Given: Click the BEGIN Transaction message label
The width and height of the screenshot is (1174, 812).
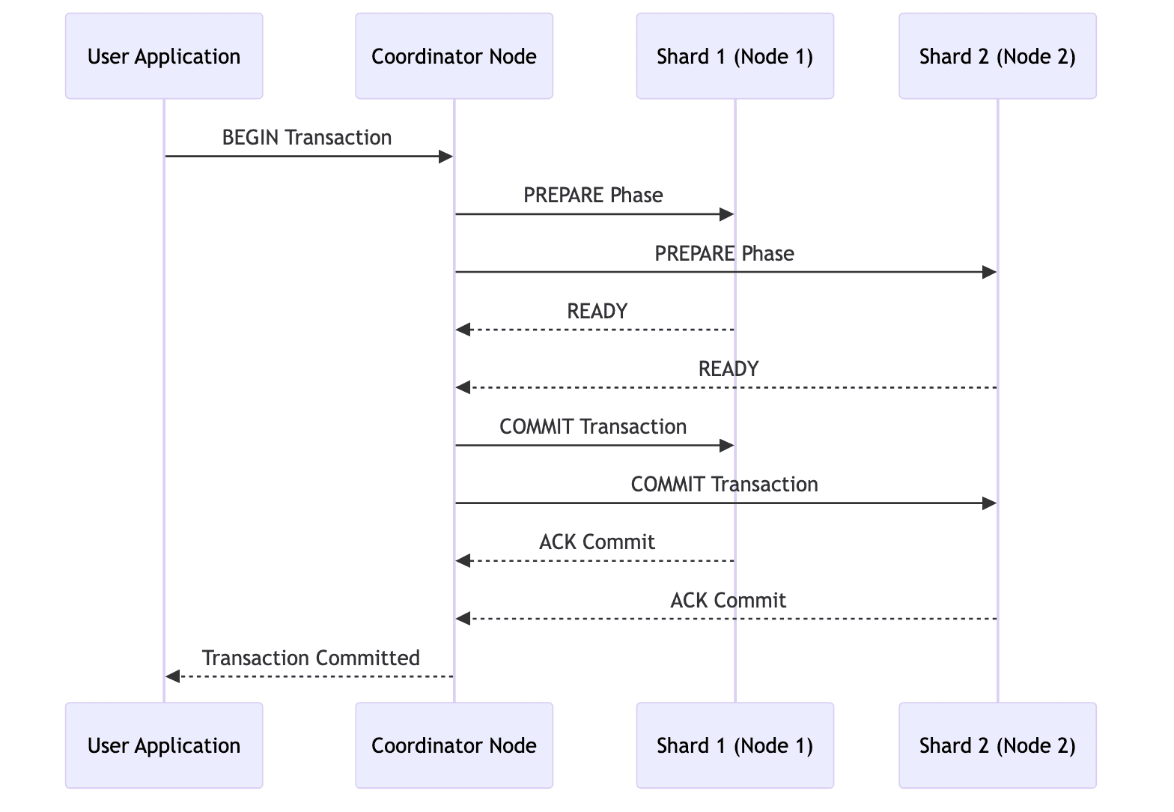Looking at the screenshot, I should click(x=307, y=138).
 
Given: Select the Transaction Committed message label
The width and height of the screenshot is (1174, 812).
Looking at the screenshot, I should click(x=311, y=658).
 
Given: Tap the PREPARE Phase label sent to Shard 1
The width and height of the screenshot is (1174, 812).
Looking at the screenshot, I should click(x=593, y=196).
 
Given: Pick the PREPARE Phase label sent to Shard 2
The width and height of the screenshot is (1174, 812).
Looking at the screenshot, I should click(x=724, y=254).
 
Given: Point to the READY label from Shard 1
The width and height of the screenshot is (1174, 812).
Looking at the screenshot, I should click(x=597, y=312).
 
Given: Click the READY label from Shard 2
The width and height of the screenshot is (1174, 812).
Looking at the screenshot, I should click(x=728, y=369).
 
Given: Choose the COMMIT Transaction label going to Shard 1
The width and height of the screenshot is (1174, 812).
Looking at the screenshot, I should click(x=593, y=427).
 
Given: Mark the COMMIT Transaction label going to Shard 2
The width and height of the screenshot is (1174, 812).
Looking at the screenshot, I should click(x=724, y=485).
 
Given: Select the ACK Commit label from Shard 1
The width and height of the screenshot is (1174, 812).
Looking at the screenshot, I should click(x=597, y=542).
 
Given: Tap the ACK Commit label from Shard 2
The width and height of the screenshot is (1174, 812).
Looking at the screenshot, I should click(x=728, y=601).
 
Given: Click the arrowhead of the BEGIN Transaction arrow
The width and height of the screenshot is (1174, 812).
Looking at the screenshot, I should click(x=446, y=157).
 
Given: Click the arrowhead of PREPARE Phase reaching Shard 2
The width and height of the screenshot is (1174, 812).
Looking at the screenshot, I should click(x=989, y=273).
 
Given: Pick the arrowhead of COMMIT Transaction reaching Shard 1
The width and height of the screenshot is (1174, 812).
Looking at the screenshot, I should click(x=726, y=446).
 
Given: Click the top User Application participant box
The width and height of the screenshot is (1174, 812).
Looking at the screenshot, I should click(x=164, y=56).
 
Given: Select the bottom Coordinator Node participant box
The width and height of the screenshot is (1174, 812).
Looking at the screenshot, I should click(x=454, y=745).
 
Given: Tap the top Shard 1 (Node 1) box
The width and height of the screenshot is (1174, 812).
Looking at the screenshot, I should click(x=734, y=56).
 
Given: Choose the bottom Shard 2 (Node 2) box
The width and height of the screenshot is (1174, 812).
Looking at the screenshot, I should click(x=997, y=745).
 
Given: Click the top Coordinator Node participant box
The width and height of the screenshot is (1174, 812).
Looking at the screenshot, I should click(x=454, y=56).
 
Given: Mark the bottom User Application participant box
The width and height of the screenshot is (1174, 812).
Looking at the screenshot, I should click(x=164, y=745).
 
